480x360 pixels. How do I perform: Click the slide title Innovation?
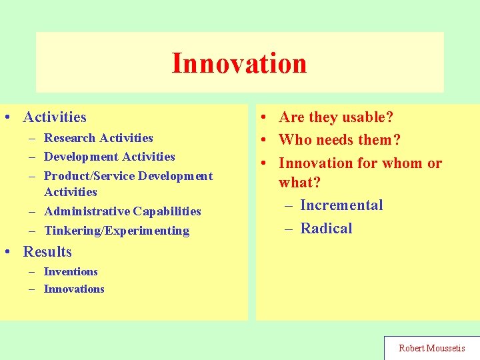click(239, 63)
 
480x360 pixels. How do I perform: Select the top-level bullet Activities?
click(55, 117)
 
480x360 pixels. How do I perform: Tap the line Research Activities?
click(98, 138)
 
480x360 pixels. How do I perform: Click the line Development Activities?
click(109, 157)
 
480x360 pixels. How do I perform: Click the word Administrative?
click(87, 211)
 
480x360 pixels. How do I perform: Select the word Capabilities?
click(167, 211)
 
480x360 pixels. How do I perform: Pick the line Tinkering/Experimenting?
click(117, 231)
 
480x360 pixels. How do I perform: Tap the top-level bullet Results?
click(47, 252)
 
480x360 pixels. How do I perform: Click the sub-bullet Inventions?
click(71, 271)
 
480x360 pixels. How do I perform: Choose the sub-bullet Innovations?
click(74, 289)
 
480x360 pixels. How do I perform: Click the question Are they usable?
click(336, 117)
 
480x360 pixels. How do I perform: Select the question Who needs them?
click(339, 140)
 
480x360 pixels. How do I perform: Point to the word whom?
click(401, 163)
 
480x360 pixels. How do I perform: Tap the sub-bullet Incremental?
click(341, 205)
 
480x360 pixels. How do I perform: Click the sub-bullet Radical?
click(326, 228)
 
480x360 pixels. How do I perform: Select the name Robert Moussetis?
click(432, 348)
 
